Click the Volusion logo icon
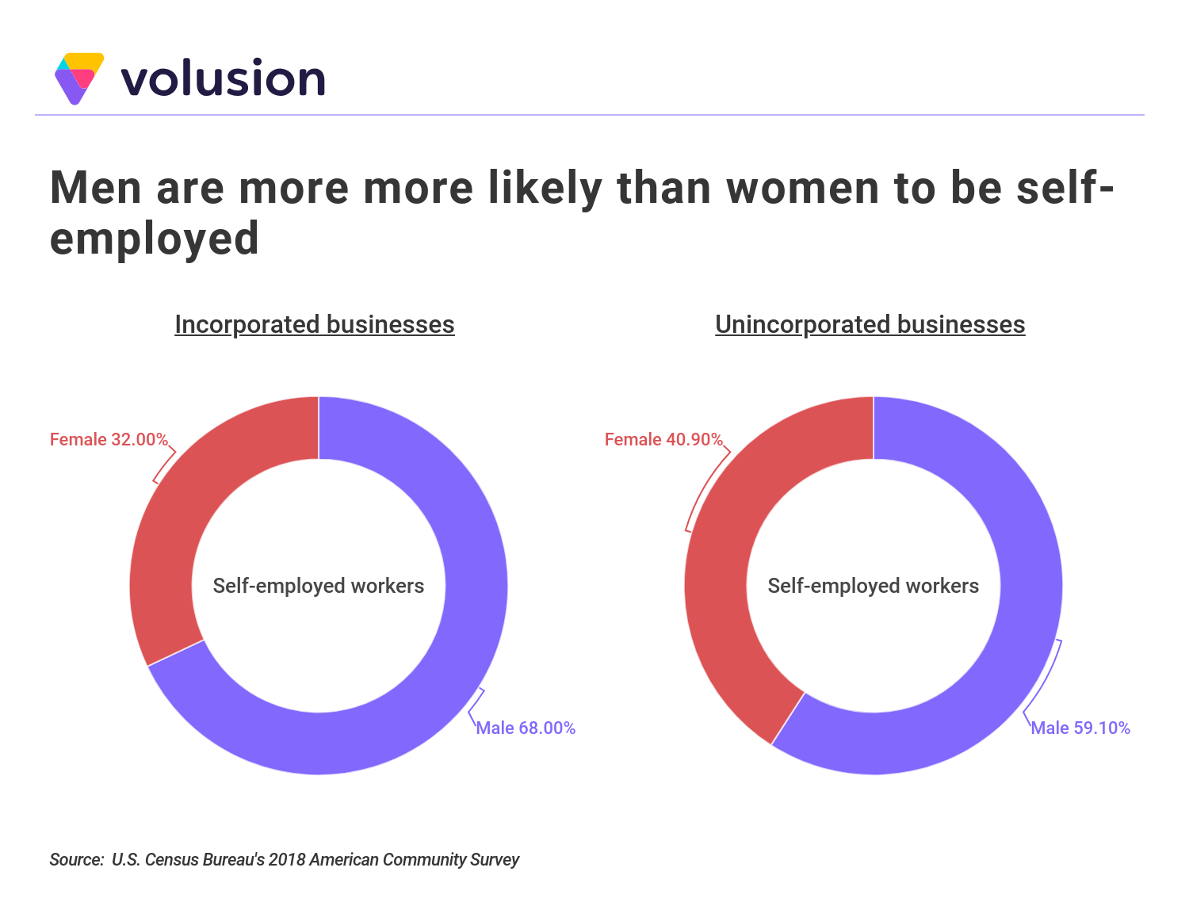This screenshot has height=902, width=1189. click(x=78, y=78)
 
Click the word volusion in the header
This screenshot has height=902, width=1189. click(x=223, y=79)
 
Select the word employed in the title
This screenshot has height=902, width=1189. click(x=155, y=239)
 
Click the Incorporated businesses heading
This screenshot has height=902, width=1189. click(x=315, y=324)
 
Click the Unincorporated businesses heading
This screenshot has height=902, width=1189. click(x=870, y=324)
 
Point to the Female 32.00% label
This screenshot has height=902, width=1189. click(x=109, y=439)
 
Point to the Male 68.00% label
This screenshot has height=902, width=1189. click(x=526, y=728)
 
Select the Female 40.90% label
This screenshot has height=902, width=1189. click(x=663, y=439)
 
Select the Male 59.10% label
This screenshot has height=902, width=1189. click(x=1080, y=728)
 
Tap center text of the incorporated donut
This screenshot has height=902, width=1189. click(x=319, y=586)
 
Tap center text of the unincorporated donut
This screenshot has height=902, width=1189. click(x=874, y=586)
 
